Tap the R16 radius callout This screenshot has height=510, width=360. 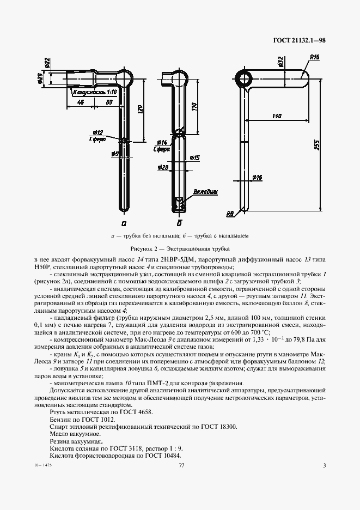click(314, 57)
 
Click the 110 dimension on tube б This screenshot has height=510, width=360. click(194, 106)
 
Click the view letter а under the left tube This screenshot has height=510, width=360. click(124, 223)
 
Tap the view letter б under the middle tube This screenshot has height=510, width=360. click(179, 223)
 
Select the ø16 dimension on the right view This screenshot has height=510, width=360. click(258, 177)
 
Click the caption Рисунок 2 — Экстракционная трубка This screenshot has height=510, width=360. click(179, 248)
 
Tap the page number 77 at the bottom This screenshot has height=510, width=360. click(181, 465)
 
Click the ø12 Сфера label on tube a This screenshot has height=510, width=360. click(98, 136)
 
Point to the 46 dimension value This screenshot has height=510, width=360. click(80, 102)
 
